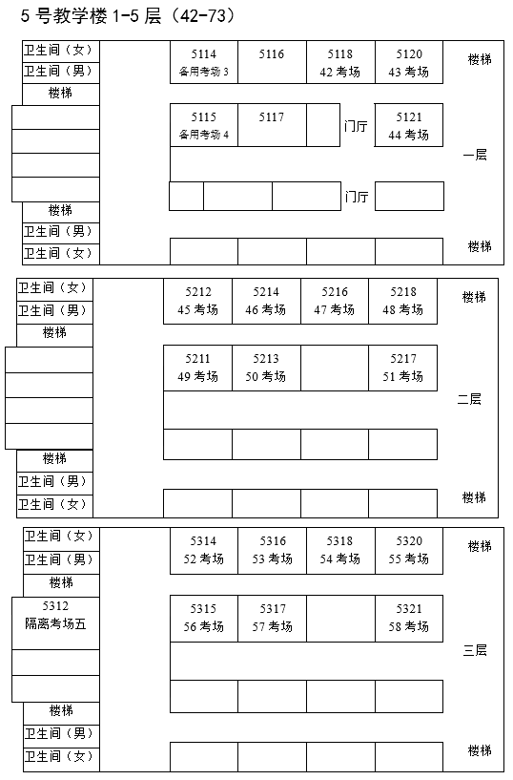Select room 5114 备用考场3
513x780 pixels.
(x=203, y=63)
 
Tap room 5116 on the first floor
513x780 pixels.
(x=272, y=63)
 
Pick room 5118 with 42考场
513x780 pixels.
(x=339, y=63)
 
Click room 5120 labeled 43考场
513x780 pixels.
(x=408, y=63)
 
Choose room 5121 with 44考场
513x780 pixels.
(x=408, y=125)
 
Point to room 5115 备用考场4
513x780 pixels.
(x=203, y=125)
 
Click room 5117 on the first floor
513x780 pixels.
(x=272, y=125)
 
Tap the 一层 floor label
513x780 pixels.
(x=474, y=155)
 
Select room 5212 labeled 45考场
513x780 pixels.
(x=197, y=301)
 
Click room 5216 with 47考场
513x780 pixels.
(x=335, y=301)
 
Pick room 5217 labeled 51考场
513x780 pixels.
(x=402, y=368)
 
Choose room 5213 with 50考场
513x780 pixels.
(x=266, y=368)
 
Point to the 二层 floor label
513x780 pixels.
(x=469, y=399)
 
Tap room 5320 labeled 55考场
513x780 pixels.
(x=408, y=550)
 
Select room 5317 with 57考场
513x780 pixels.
(x=272, y=618)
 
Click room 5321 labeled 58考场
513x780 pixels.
(x=408, y=618)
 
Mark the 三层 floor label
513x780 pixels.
(x=474, y=651)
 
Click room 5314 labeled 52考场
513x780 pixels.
(x=203, y=550)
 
